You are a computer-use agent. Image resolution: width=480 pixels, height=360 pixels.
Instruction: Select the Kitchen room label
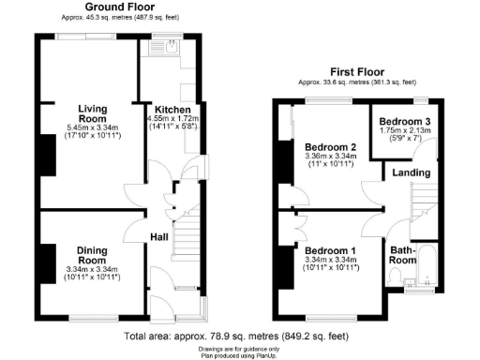[x=172, y=109]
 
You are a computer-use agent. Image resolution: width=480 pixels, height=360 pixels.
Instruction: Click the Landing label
[x=412, y=172]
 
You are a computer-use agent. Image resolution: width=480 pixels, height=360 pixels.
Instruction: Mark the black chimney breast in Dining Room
[x=44, y=258]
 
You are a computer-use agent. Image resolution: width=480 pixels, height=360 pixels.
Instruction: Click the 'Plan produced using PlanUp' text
[x=240, y=355]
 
